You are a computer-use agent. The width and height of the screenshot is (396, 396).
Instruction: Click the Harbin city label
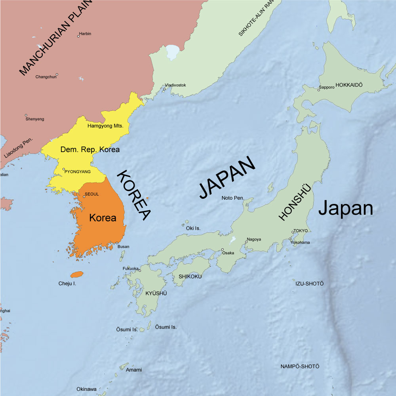[86, 34]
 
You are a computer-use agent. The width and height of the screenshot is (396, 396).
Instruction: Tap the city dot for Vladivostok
[164, 89]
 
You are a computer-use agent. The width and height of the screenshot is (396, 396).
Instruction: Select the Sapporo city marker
[318, 90]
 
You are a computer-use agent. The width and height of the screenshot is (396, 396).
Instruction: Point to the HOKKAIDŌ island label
[349, 85]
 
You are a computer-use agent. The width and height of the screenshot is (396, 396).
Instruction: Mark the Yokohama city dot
[290, 239]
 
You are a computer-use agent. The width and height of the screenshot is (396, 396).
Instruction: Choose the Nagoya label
[254, 239]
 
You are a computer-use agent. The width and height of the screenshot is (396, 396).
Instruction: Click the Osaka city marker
[223, 249]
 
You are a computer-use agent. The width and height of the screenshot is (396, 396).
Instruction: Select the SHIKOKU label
[190, 276]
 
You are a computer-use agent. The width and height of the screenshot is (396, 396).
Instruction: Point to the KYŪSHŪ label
[156, 293]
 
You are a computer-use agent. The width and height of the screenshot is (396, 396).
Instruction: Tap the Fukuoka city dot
[140, 270]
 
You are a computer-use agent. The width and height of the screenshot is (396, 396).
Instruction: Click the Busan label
[123, 246]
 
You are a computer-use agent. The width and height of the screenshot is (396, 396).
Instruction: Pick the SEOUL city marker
[84, 196]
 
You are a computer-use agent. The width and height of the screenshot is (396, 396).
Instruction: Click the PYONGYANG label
[78, 171]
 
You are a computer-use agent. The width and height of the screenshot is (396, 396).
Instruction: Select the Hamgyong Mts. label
[105, 126]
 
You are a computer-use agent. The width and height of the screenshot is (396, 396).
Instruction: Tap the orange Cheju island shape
[76, 274]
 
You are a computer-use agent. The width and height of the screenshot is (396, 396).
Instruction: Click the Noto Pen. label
[232, 198]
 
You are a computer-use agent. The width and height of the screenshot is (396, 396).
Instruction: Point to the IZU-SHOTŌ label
[309, 284]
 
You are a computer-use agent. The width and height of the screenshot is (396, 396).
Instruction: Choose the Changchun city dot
[57, 74]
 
